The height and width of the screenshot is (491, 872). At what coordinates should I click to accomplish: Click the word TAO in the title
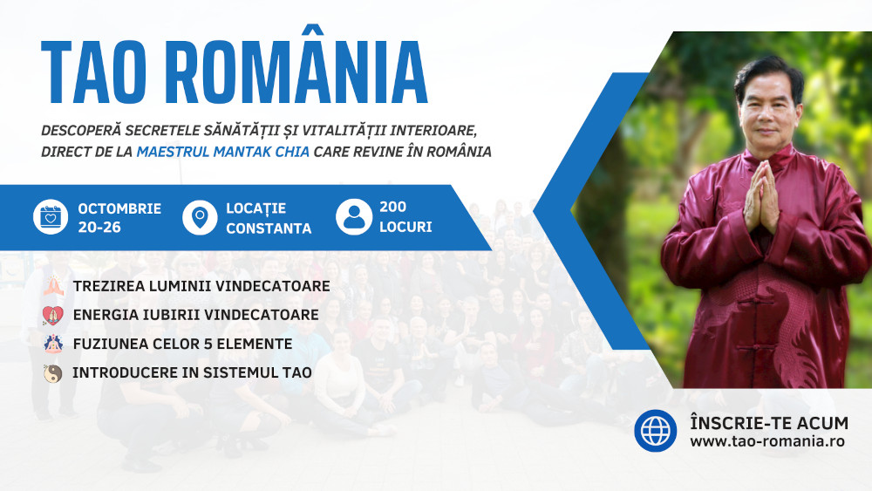[93, 72]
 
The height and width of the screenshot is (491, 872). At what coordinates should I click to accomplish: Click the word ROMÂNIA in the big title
[296, 65]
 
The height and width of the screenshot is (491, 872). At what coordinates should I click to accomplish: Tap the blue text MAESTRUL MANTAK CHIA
[223, 152]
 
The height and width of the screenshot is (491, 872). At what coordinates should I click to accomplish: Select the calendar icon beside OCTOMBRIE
[51, 216]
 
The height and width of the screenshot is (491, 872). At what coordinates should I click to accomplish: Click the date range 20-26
[99, 227]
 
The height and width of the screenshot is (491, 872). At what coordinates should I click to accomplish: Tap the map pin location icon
[200, 217]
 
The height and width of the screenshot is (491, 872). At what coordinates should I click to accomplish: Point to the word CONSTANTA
[269, 228]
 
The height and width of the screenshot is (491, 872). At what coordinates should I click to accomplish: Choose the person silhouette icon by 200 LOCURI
[354, 217]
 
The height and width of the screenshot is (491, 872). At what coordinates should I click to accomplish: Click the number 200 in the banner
[392, 207]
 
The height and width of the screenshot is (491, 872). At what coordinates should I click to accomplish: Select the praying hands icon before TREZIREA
[53, 286]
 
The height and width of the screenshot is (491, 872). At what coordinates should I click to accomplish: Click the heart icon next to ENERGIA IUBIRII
[53, 316]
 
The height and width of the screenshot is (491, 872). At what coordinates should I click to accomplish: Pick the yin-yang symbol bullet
[53, 373]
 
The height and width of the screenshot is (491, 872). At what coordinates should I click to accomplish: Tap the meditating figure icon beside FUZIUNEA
[53, 344]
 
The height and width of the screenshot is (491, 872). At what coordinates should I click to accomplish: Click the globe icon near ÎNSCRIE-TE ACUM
[656, 431]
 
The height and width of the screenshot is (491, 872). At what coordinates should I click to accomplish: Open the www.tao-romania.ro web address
[767, 441]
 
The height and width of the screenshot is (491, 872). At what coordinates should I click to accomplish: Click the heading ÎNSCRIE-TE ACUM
[769, 422]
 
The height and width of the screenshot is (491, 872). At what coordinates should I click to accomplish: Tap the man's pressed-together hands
[761, 197]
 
